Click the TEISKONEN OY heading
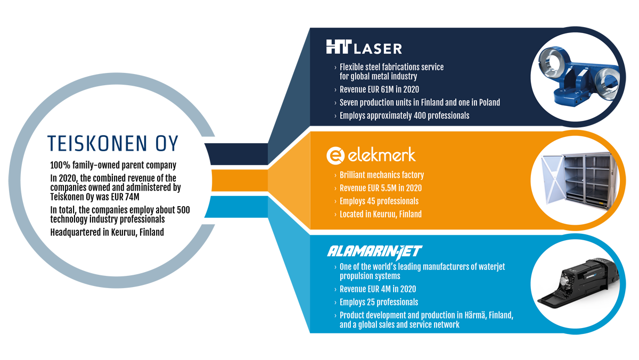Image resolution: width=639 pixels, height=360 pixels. (x=113, y=143)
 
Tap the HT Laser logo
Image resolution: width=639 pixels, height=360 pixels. (x=364, y=47)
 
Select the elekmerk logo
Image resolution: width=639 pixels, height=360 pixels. (x=371, y=156)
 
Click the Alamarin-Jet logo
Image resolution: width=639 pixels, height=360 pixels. (x=374, y=251)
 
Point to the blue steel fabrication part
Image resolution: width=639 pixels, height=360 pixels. (x=579, y=76)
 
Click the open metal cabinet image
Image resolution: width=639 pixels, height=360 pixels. (x=579, y=179)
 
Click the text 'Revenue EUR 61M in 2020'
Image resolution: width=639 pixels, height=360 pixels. (x=379, y=89)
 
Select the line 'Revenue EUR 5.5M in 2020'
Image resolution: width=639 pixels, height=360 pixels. (x=381, y=189)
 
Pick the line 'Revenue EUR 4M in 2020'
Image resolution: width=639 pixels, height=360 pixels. (x=378, y=289)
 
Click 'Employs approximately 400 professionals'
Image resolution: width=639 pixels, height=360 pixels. (x=404, y=116)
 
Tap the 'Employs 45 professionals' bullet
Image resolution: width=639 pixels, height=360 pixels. (x=379, y=201)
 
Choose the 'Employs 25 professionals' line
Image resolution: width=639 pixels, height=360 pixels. (x=379, y=302)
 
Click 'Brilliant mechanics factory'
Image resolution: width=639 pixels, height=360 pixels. (x=382, y=175)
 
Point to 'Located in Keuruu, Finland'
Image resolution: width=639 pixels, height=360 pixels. (x=381, y=214)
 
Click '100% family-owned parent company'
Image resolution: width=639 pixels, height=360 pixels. (x=113, y=166)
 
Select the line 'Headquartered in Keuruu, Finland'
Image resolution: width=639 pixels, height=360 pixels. (x=107, y=233)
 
